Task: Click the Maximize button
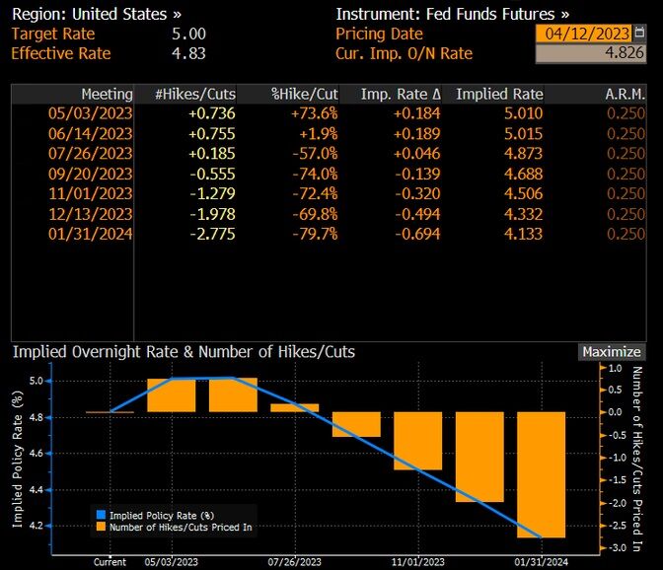tap(612, 352)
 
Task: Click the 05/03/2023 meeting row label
tap(90, 113)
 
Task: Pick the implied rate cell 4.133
tap(523, 234)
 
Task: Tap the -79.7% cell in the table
tap(316, 234)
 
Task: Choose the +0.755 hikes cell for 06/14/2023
tap(209, 133)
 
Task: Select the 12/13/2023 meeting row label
tap(90, 214)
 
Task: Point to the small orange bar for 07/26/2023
tap(295, 407)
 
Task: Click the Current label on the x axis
tap(110, 561)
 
